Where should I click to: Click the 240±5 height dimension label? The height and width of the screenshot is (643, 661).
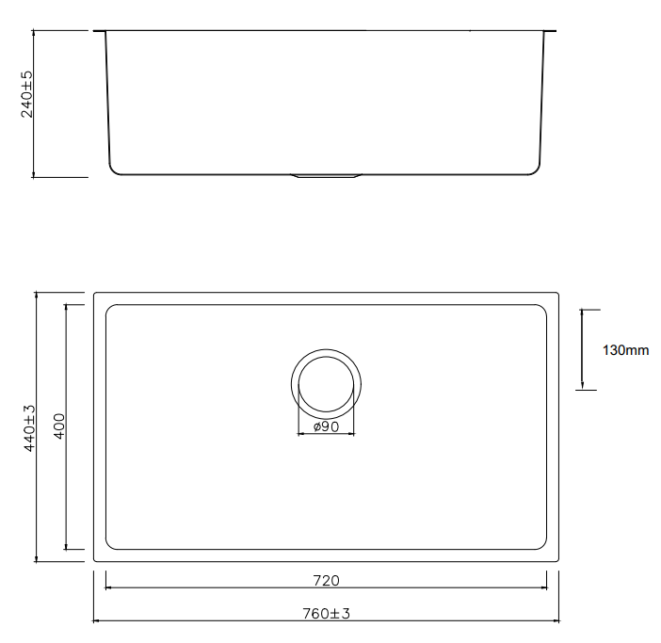click(x=26, y=94)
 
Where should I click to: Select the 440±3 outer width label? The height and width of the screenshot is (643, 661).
click(x=29, y=428)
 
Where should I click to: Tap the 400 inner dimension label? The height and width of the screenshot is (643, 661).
click(x=59, y=426)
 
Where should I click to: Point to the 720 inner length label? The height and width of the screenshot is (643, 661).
click(x=327, y=581)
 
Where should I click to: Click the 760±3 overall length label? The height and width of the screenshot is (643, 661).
click(x=327, y=614)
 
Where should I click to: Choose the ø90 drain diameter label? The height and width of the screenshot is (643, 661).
click(x=327, y=426)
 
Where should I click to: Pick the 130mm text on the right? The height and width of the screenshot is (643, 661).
click(x=625, y=350)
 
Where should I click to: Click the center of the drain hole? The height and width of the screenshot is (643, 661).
click(x=326, y=384)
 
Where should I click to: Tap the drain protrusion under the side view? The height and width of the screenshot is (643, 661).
click(x=327, y=176)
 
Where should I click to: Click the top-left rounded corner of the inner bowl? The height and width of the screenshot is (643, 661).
click(x=109, y=308)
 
